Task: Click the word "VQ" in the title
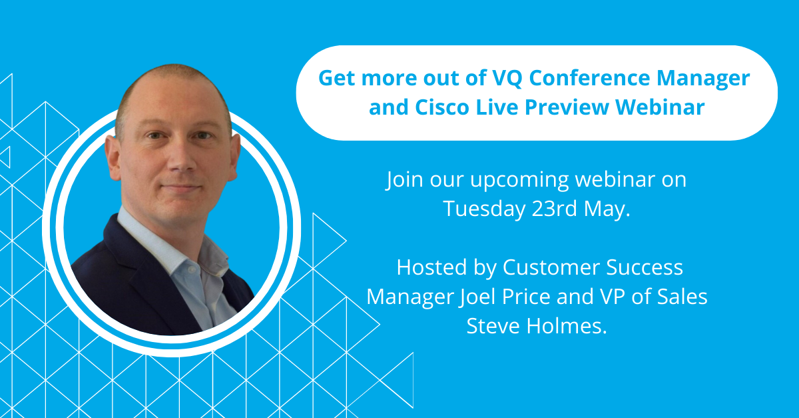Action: click(x=507, y=78)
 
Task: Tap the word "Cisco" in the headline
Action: click(x=442, y=107)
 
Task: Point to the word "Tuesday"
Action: click(x=484, y=209)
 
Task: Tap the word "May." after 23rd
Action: click(x=607, y=210)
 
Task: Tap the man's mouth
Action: click(x=180, y=187)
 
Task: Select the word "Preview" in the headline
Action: click(x=567, y=107)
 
